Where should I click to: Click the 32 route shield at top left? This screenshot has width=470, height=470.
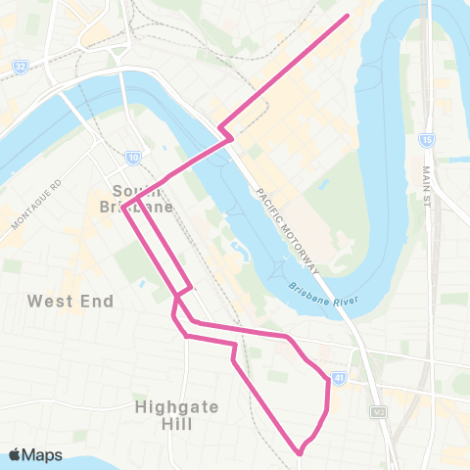click(x=20, y=67)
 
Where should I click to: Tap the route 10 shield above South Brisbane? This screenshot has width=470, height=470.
click(x=132, y=156)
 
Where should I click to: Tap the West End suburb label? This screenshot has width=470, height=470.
click(x=70, y=301)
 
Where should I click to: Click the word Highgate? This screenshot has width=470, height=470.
click(x=176, y=406)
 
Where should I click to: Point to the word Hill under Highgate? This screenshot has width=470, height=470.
click(x=177, y=425)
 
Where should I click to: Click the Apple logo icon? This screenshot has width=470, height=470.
click(x=15, y=454)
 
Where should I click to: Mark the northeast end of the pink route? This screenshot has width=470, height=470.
click(x=348, y=16)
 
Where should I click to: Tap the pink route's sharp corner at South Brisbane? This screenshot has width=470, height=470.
click(x=124, y=206)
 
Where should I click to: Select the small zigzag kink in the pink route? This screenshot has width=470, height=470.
click(x=224, y=130)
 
